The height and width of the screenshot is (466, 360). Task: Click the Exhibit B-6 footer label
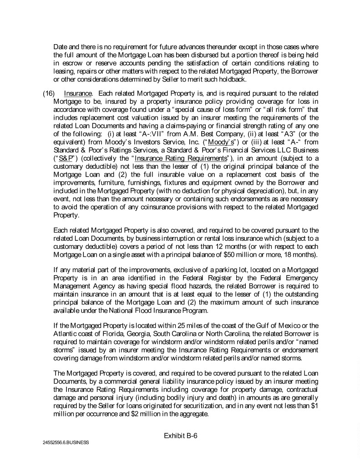point(180,436)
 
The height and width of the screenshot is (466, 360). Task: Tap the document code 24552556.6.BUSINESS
point(63,442)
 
